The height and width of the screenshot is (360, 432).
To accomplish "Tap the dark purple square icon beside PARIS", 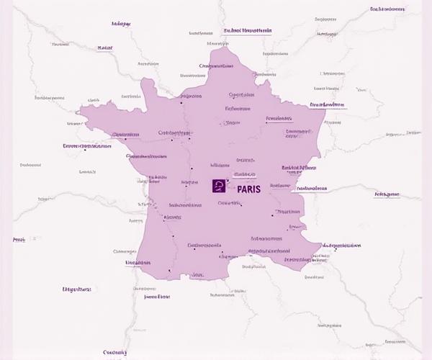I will (219, 186).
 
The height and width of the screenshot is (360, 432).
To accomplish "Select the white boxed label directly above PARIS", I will (245, 174).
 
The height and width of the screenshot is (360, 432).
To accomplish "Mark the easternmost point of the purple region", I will (325, 105).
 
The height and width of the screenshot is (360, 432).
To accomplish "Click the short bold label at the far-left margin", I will (19, 240).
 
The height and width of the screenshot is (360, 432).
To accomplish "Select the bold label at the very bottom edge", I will (114, 333).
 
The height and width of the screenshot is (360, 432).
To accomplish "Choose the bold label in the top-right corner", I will (387, 9).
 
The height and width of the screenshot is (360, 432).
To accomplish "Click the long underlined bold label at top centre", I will (248, 31).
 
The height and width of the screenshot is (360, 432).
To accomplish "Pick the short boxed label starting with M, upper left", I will (105, 48).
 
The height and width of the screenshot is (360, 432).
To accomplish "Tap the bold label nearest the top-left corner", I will (121, 24).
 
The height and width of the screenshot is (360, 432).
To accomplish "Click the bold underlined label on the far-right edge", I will (387, 194).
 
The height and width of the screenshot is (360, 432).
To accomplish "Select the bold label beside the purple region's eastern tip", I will (328, 105).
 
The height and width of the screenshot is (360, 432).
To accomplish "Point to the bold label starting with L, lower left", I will (77, 289).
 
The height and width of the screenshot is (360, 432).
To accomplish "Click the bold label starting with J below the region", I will (157, 296).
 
